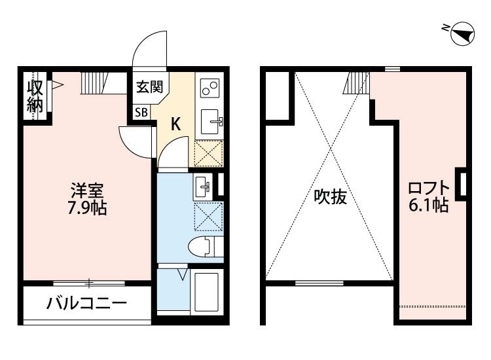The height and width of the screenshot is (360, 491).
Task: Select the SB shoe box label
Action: [x=141, y=112]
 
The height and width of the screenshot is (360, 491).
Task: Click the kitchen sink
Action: [x=210, y=120]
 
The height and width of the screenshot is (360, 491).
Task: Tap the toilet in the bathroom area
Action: [x=202, y=247]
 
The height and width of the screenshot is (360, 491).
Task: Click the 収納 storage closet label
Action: [x=34, y=96]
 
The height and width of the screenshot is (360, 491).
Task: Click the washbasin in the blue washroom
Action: [x=203, y=187]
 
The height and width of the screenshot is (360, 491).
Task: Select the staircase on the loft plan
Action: [x=357, y=82]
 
